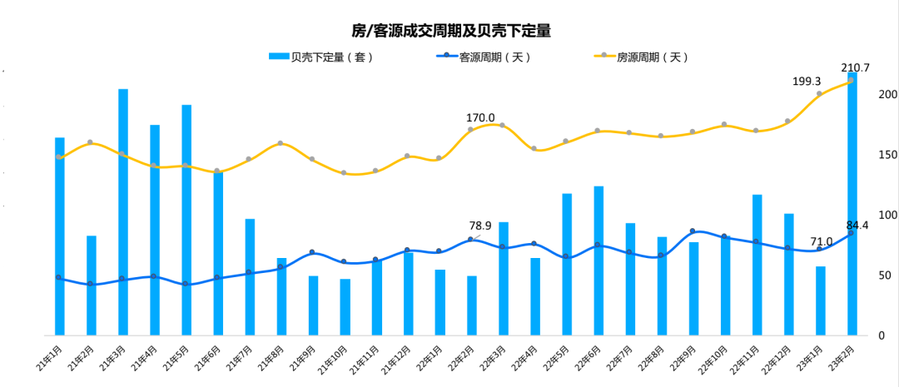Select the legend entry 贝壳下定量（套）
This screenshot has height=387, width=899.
[321, 57]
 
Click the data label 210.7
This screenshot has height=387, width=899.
[856, 67]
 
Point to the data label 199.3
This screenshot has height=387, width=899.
[807, 82]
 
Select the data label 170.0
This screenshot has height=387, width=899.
[480, 118]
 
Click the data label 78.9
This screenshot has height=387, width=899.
[480, 226]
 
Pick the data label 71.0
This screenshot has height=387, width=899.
[821, 241]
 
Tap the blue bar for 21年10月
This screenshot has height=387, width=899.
[345, 307]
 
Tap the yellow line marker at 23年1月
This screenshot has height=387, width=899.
[819, 94]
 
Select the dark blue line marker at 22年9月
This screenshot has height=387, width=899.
[693, 231]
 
